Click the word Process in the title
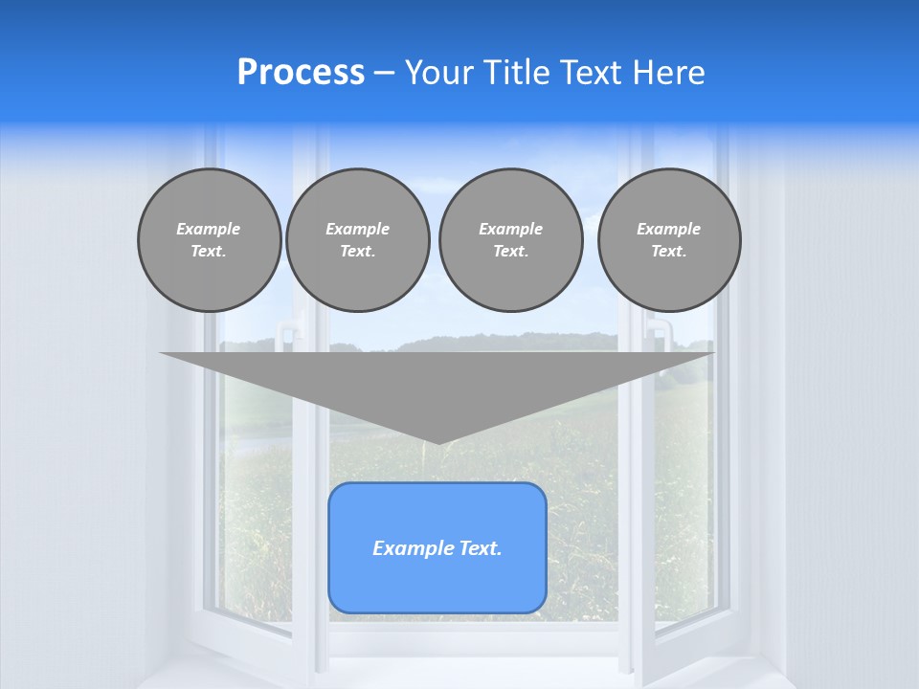tap(301, 73)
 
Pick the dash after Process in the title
tap(384, 75)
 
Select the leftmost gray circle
tap(209, 240)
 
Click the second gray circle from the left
tap(358, 240)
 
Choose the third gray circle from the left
tap(510, 240)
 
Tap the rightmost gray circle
tap(669, 240)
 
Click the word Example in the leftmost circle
tap(209, 229)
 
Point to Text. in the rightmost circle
tap(669, 252)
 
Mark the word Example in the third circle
tap(510, 229)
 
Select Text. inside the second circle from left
tap(358, 252)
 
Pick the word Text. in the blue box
tap(481, 548)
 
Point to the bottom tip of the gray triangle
tap(437, 442)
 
